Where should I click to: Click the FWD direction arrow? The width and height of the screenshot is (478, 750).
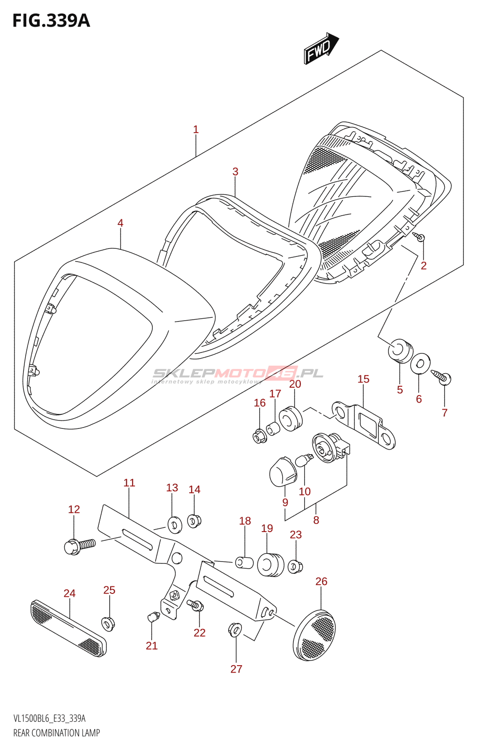(x=321, y=48)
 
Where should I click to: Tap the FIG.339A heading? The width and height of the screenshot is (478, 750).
(x=51, y=21)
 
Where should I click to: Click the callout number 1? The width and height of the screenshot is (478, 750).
(x=196, y=129)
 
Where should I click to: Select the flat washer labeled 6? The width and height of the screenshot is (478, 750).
(x=421, y=363)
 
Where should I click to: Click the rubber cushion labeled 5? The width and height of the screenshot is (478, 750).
(x=401, y=351)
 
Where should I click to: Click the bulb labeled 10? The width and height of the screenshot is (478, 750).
(x=304, y=460)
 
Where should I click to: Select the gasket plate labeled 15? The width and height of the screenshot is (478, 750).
(x=364, y=425)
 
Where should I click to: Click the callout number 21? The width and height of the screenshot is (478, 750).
(x=152, y=645)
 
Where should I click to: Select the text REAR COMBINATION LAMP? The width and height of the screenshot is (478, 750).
(x=57, y=733)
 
